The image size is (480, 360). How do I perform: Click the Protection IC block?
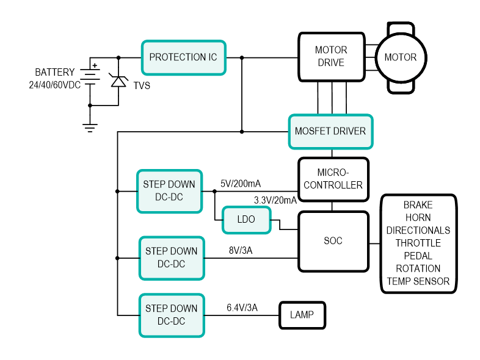point(183,58)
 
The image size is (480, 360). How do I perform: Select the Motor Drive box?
point(330,57)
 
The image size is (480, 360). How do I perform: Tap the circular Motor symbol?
point(400,57)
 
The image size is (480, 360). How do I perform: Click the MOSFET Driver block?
point(330,131)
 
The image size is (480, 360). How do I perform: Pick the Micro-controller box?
point(333,179)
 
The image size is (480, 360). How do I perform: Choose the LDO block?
point(246,219)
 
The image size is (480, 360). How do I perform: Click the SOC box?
point(333,241)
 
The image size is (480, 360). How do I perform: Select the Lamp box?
point(302,315)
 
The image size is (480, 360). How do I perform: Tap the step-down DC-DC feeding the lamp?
point(171,315)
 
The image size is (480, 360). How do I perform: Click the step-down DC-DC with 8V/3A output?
point(171,257)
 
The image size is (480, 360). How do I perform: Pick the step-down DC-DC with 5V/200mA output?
point(169,191)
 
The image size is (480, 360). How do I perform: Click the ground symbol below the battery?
point(90,126)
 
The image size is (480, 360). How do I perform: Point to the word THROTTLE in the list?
point(418,243)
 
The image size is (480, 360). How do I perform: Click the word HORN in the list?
point(418,218)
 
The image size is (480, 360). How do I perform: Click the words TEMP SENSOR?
point(418,281)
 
